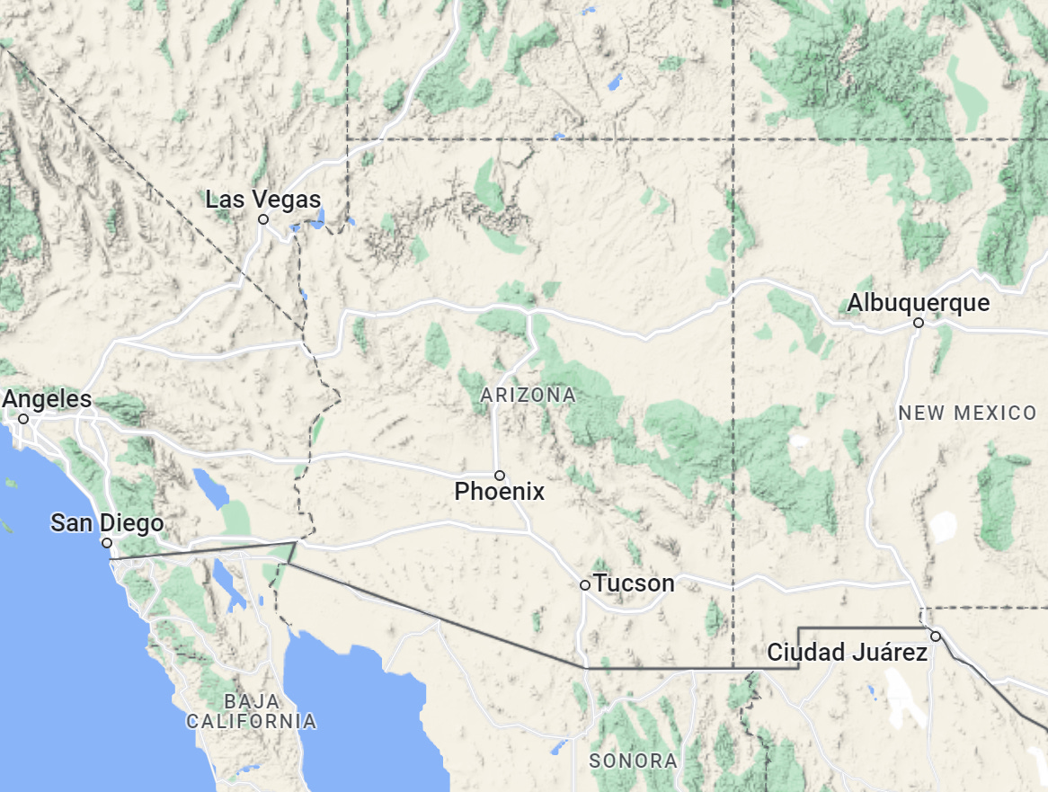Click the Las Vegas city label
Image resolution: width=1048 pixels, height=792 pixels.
262,199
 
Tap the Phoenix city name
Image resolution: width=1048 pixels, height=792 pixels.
499,492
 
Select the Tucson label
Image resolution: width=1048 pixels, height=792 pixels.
634,583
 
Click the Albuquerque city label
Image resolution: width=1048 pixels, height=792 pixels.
918,303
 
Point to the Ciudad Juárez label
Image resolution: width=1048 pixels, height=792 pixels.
847,653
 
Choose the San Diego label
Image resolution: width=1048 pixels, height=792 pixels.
107,523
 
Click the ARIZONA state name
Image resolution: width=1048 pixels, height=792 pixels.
528,395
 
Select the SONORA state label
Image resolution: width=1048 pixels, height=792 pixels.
633,761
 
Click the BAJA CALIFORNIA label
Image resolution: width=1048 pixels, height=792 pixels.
251,711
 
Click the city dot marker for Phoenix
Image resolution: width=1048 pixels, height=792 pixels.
499,475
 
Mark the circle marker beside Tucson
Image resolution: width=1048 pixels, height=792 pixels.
584,584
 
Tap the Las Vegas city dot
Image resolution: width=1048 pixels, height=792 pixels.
263,218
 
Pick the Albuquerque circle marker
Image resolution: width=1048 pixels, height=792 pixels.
918,322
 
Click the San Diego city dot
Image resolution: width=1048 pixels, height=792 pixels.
106,542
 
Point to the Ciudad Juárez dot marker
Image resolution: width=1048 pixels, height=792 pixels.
935,636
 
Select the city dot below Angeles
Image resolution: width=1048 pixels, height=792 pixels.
23,418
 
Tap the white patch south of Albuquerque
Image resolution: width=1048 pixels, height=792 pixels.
943,527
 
